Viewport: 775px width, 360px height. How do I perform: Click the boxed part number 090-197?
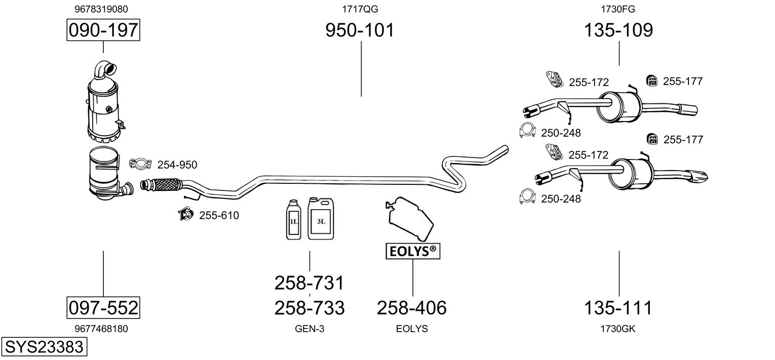point(103,30)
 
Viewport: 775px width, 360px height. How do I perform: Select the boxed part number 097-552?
point(103,307)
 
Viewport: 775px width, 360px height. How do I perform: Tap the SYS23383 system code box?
point(44,347)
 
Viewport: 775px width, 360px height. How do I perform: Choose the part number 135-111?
point(618,307)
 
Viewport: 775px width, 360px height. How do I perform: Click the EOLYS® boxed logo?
point(413,251)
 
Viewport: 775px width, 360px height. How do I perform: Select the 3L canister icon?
point(321,219)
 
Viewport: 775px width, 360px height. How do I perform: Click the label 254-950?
point(177,165)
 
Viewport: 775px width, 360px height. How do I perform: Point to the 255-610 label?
point(219,216)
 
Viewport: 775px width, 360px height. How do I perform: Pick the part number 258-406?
point(412,307)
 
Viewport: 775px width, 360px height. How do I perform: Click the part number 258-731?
point(309,283)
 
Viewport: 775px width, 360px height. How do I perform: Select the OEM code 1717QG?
point(360,9)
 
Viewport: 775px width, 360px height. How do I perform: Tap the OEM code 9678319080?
point(101,9)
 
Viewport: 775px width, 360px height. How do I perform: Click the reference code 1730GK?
point(617,329)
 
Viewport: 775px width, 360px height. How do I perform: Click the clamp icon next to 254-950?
point(141,164)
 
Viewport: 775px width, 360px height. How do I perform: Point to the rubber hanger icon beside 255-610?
point(185,215)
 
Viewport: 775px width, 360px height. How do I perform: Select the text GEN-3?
point(309,329)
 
